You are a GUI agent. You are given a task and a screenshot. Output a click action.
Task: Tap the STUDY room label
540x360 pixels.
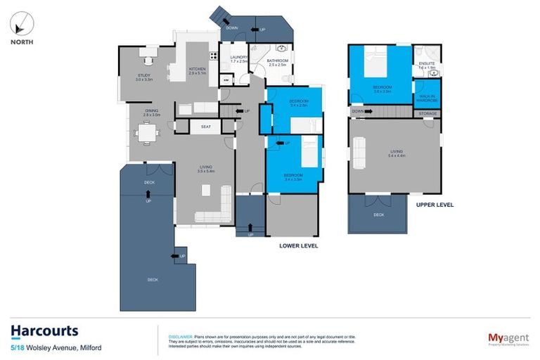tap(144, 77)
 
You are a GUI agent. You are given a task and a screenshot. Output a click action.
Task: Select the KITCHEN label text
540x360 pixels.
tap(198, 69)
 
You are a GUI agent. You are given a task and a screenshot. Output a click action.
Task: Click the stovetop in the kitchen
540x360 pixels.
tap(212, 55)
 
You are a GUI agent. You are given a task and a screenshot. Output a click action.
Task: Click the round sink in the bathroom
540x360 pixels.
tap(281, 49)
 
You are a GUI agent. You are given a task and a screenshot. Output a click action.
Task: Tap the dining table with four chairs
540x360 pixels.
tap(146, 130)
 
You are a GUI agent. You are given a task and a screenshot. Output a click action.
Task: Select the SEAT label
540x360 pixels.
tap(206, 127)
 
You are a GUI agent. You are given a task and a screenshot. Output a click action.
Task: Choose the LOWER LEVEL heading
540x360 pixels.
tap(299, 246)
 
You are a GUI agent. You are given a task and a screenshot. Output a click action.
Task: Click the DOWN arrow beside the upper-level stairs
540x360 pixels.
tap(359, 111)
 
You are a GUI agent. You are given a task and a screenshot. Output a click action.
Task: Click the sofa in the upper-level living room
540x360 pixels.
tap(358, 153)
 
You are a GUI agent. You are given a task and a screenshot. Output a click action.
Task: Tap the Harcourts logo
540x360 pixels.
tap(44, 330)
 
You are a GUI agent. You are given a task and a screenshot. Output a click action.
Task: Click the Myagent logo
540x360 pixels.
tap(509, 339)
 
